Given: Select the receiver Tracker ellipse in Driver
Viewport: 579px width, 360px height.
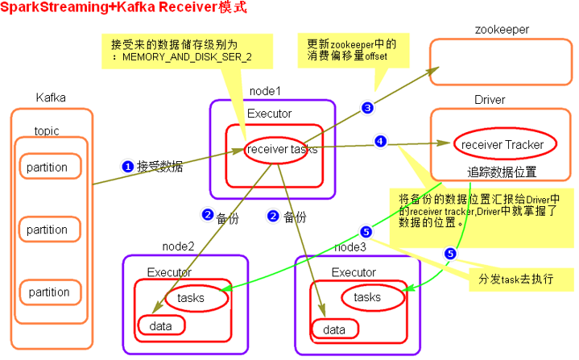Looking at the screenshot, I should [x=504, y=144].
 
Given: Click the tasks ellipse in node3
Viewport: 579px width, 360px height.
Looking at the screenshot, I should [x=367, y=297].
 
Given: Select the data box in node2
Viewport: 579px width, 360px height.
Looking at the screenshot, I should [x=161, y=325].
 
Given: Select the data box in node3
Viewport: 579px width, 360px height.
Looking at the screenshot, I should [x=333, y=329].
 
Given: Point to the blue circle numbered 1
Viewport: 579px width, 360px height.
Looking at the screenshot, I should [x=126, y=166].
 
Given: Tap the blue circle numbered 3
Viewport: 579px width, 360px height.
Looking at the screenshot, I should [x=367, y=107].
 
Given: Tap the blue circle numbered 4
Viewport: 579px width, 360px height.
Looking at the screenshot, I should [x=380, y=141].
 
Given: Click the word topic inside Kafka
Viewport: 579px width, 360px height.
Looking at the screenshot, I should [x=46, y=130].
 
